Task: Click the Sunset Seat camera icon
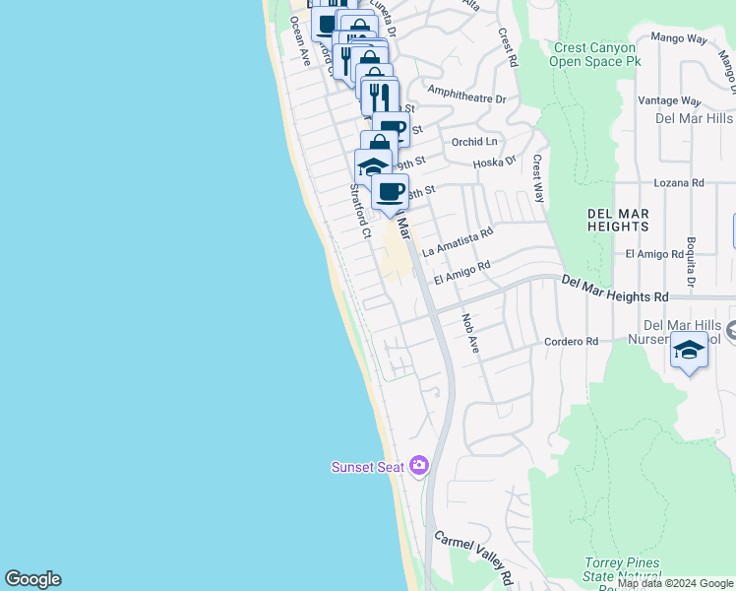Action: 420,465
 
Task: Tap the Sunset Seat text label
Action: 367,467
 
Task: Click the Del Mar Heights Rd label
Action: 615,289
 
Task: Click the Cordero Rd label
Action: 572,342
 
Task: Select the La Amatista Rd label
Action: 458,242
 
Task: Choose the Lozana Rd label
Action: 679,183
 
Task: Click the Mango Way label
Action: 679,39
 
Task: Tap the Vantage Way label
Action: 669,100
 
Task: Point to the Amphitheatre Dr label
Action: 467,98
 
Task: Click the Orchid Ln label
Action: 474,142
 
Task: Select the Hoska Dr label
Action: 495,163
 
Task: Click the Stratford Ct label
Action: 359,212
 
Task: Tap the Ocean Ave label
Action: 299,45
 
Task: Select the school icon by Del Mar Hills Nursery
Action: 689,352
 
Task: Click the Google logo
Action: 32,579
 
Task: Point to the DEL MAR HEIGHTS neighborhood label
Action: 618,220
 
